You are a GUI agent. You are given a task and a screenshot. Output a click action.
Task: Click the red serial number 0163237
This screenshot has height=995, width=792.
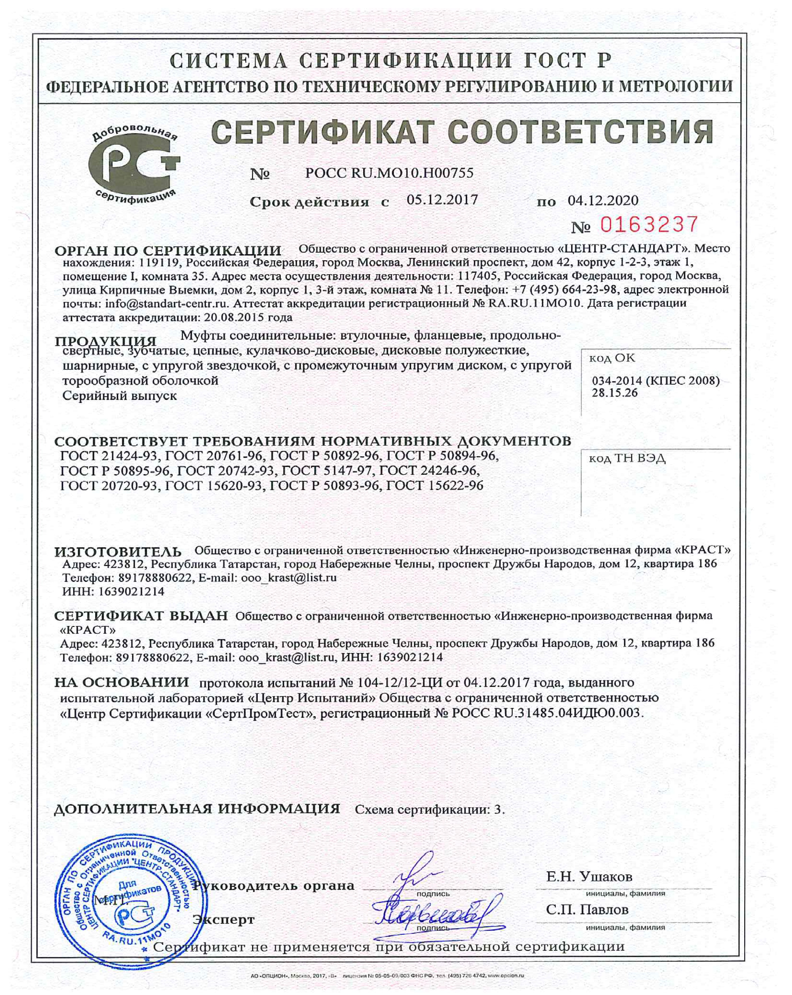649,225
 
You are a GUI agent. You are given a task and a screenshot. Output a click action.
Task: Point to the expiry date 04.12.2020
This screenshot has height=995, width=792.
603,200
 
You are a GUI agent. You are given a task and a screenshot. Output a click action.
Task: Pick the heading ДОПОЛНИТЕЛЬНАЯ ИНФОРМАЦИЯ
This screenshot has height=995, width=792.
197,808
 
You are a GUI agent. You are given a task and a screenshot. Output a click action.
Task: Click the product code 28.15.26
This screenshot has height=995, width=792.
614,392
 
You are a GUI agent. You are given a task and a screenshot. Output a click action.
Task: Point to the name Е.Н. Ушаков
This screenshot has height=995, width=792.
589,876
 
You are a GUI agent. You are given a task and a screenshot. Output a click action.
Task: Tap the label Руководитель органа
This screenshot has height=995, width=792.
273,885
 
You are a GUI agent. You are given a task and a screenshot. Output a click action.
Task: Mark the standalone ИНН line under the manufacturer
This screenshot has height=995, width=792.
113,591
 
